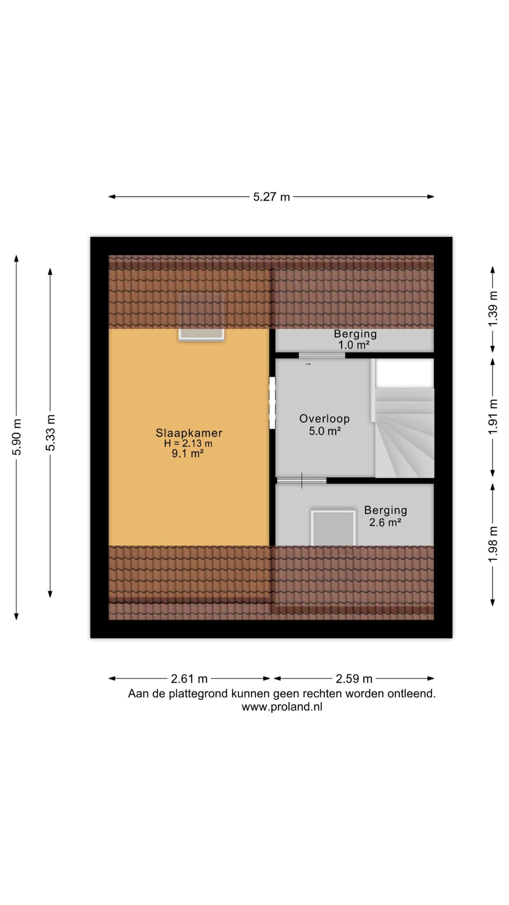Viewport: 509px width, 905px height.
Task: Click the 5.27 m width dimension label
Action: click(271, 197)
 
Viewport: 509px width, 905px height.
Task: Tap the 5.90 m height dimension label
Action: click(17, 437)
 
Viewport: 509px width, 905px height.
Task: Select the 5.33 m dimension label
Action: click(51, 432)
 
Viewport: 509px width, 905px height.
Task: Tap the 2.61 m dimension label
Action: click(189, 679)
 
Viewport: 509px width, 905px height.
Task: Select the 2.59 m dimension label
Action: click(354, 679)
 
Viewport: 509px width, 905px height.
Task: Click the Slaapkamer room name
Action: click(189, 433)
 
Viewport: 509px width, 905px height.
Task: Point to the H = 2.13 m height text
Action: click(188, 443)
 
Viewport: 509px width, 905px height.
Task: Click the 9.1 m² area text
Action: click(188, 454)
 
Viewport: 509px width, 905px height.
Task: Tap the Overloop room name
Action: click(324, 419)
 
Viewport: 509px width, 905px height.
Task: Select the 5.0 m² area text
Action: click(325, 431)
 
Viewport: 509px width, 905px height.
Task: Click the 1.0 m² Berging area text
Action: click(354, 345)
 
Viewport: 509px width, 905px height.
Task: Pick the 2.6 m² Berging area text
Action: click(385, 522)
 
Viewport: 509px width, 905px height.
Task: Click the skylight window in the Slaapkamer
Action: click(201, 316)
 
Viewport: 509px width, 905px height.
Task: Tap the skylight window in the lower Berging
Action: click(333, 528)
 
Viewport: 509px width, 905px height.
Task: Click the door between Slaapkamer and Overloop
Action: click(272, 403)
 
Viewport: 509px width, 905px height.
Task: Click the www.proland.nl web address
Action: click(282, 707)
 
